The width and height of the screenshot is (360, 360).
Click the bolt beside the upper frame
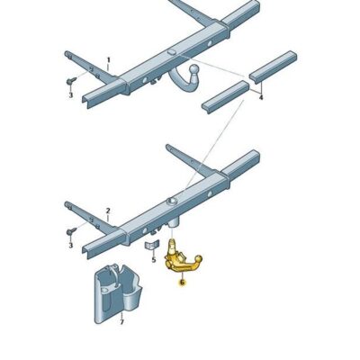[x=70, y=80]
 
